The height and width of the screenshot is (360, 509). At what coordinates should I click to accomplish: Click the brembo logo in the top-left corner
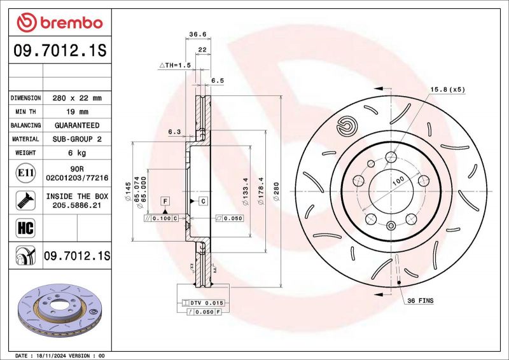pyautogui.click(x=59, y=24)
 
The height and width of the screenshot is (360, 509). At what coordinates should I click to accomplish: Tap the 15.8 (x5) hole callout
pyautogui.click(x=448, y=89)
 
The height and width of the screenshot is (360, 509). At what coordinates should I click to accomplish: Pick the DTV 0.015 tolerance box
pyautogui.click(x=202, y=303)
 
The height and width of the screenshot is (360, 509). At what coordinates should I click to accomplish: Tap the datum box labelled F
pyautogui.click(x=165, y=201)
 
